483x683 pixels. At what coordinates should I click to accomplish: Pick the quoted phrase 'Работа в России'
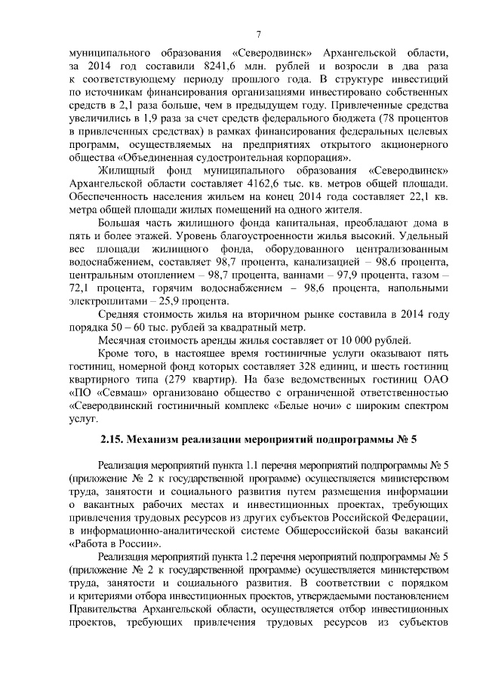(113, 543)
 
